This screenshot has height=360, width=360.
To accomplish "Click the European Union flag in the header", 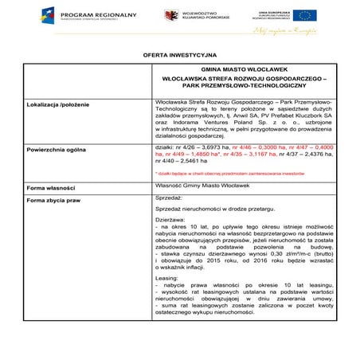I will coord(304,15).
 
